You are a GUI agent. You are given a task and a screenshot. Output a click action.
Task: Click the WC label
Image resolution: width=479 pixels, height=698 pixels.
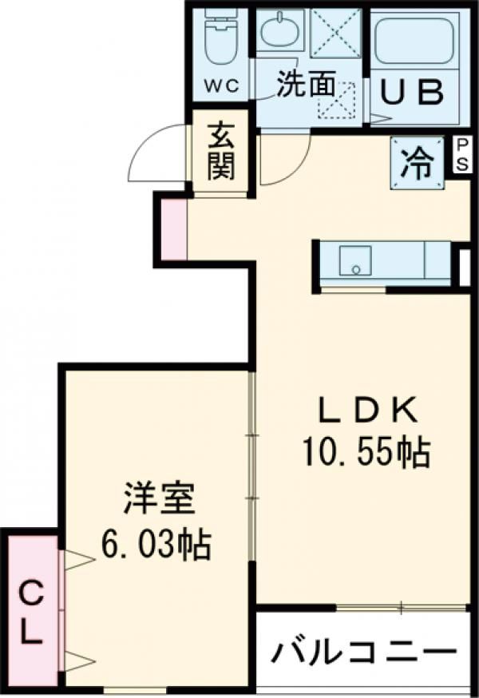click(222, 86)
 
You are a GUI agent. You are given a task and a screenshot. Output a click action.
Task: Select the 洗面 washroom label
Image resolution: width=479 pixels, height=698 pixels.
click(306, 85)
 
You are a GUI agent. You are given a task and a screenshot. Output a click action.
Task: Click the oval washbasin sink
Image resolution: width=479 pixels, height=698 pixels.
click(280, 29)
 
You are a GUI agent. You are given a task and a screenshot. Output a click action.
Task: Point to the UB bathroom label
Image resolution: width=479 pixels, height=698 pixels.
click(413, 92)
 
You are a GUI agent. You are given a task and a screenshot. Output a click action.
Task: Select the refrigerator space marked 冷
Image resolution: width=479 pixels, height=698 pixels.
click(418, 164)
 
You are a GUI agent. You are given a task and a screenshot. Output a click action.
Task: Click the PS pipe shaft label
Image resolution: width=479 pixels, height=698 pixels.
click(462, 154)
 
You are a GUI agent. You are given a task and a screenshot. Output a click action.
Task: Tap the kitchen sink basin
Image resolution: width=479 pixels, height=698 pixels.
click(355, 261)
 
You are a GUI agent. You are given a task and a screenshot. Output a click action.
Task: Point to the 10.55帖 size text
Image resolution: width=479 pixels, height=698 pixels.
click(366, 453)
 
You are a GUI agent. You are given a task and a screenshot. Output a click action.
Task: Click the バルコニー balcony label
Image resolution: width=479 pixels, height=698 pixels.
click(364, 653)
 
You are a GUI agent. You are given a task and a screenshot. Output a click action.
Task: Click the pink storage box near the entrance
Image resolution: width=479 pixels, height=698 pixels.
click(173, 229)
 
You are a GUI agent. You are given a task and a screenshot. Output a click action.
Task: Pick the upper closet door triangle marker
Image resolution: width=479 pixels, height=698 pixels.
click(79, 560)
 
